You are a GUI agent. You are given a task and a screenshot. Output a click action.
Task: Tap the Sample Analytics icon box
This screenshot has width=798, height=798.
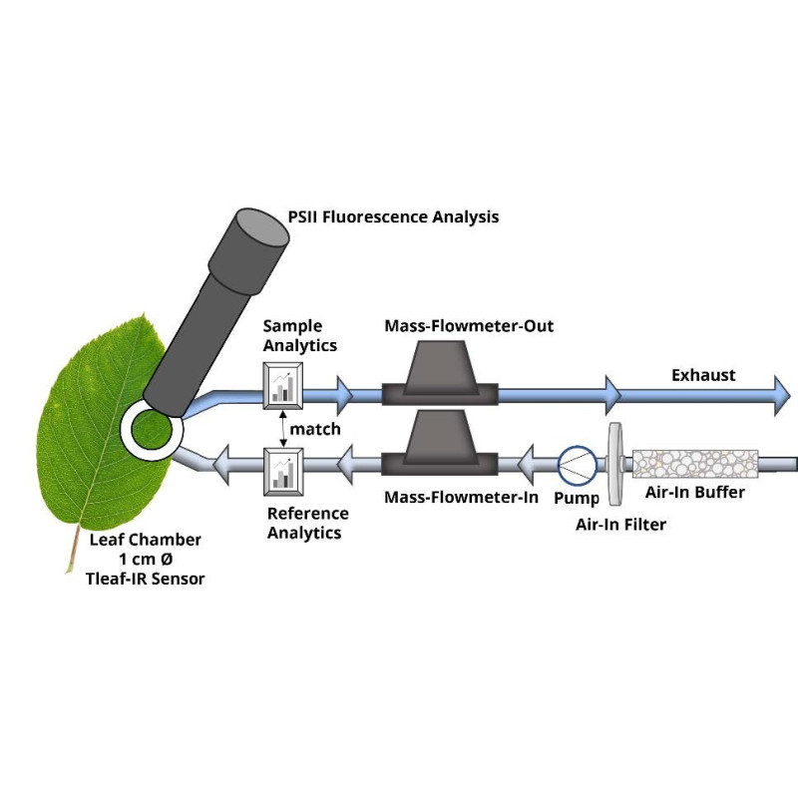(282, 385)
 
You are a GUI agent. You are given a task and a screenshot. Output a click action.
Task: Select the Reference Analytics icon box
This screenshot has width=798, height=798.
(282, 471)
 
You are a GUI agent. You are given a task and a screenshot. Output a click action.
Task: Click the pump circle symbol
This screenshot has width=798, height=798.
(576, 462)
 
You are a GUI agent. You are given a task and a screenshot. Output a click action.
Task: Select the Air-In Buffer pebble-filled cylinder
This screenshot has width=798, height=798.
(694, 464)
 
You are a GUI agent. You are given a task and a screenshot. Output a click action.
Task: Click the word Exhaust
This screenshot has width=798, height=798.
(703, 375)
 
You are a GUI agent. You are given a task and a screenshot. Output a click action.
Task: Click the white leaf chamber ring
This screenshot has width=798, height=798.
(151, 430)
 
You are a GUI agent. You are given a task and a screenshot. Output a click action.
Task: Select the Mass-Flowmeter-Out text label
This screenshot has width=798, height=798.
(469, 326)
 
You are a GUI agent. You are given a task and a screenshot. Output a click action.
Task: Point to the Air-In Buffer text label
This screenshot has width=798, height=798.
(696, 492)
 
